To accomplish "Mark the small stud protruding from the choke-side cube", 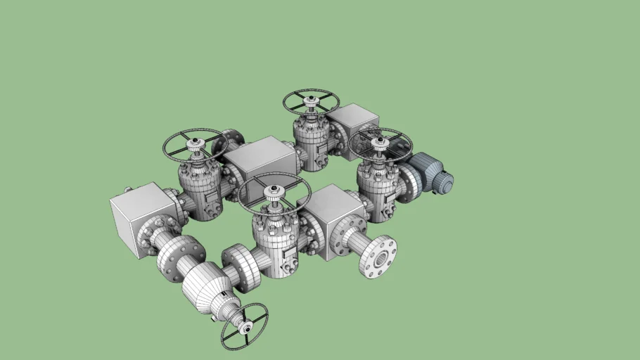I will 128,190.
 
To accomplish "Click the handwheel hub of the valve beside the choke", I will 273,190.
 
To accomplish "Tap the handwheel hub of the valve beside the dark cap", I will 380,141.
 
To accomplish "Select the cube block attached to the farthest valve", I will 353,122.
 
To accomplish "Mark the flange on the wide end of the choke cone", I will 177,256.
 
